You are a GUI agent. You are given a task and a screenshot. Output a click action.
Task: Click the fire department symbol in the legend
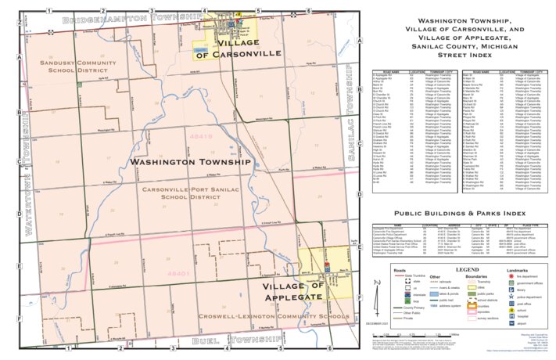click(x=510, y=277)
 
